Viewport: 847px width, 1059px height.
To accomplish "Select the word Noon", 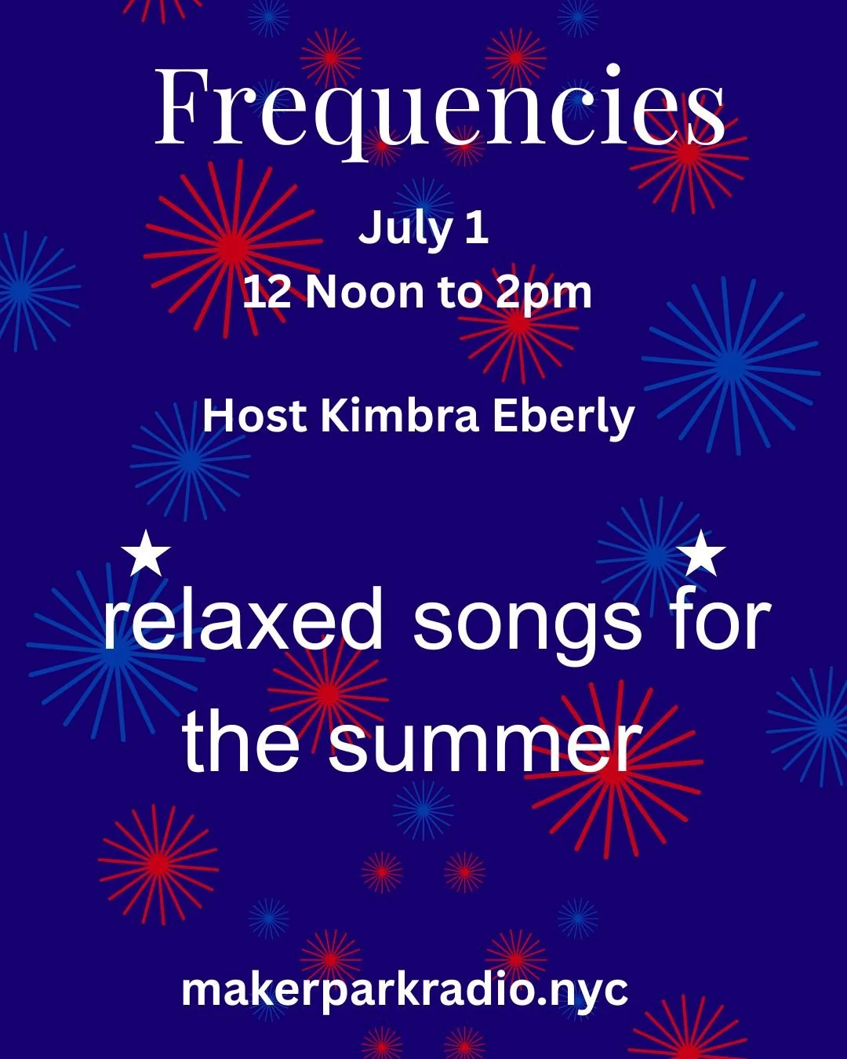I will point(365,293).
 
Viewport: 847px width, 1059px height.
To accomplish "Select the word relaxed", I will point(244,622).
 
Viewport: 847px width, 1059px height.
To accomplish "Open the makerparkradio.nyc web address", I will point(405,990).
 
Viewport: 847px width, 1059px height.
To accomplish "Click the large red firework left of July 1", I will point(232,248).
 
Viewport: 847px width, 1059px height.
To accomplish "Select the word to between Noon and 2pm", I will point(460,293).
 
